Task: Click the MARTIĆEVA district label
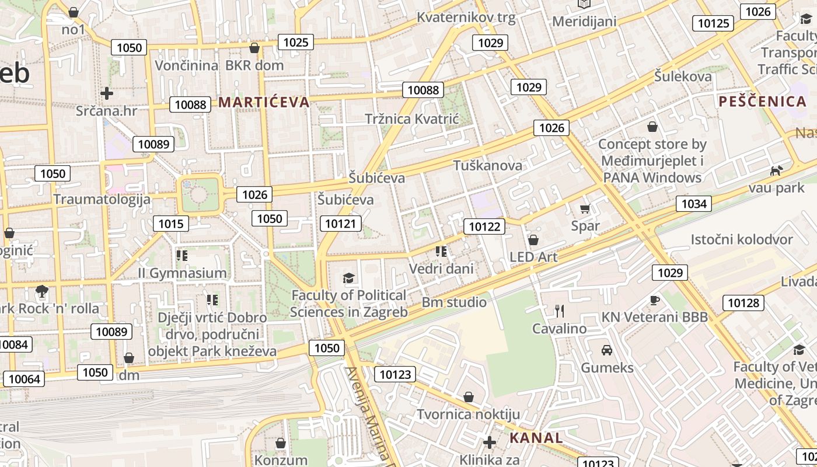click(263, 102)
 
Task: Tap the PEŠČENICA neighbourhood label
click(762, 102)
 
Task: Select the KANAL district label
click(536, 438)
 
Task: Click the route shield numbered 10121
click(341, 224)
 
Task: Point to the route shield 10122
click(485, 226)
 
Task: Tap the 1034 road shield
click(693, 204)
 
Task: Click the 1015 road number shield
click(171, 224)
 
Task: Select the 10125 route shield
click(713, 23)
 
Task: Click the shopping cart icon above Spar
click(585, 209)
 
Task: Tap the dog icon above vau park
click(776, 170)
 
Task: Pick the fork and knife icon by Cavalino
click(559, 311)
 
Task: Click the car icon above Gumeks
click(607, 350)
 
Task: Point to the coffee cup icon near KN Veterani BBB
click(655, 300)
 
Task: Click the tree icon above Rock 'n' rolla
click(41, 291)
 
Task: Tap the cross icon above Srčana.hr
click(106, 93)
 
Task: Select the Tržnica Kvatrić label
click(412, 119)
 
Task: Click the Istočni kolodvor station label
click(742, 239)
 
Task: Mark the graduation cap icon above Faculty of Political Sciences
click(349, 278)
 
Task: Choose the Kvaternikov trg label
click(466, 18)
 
